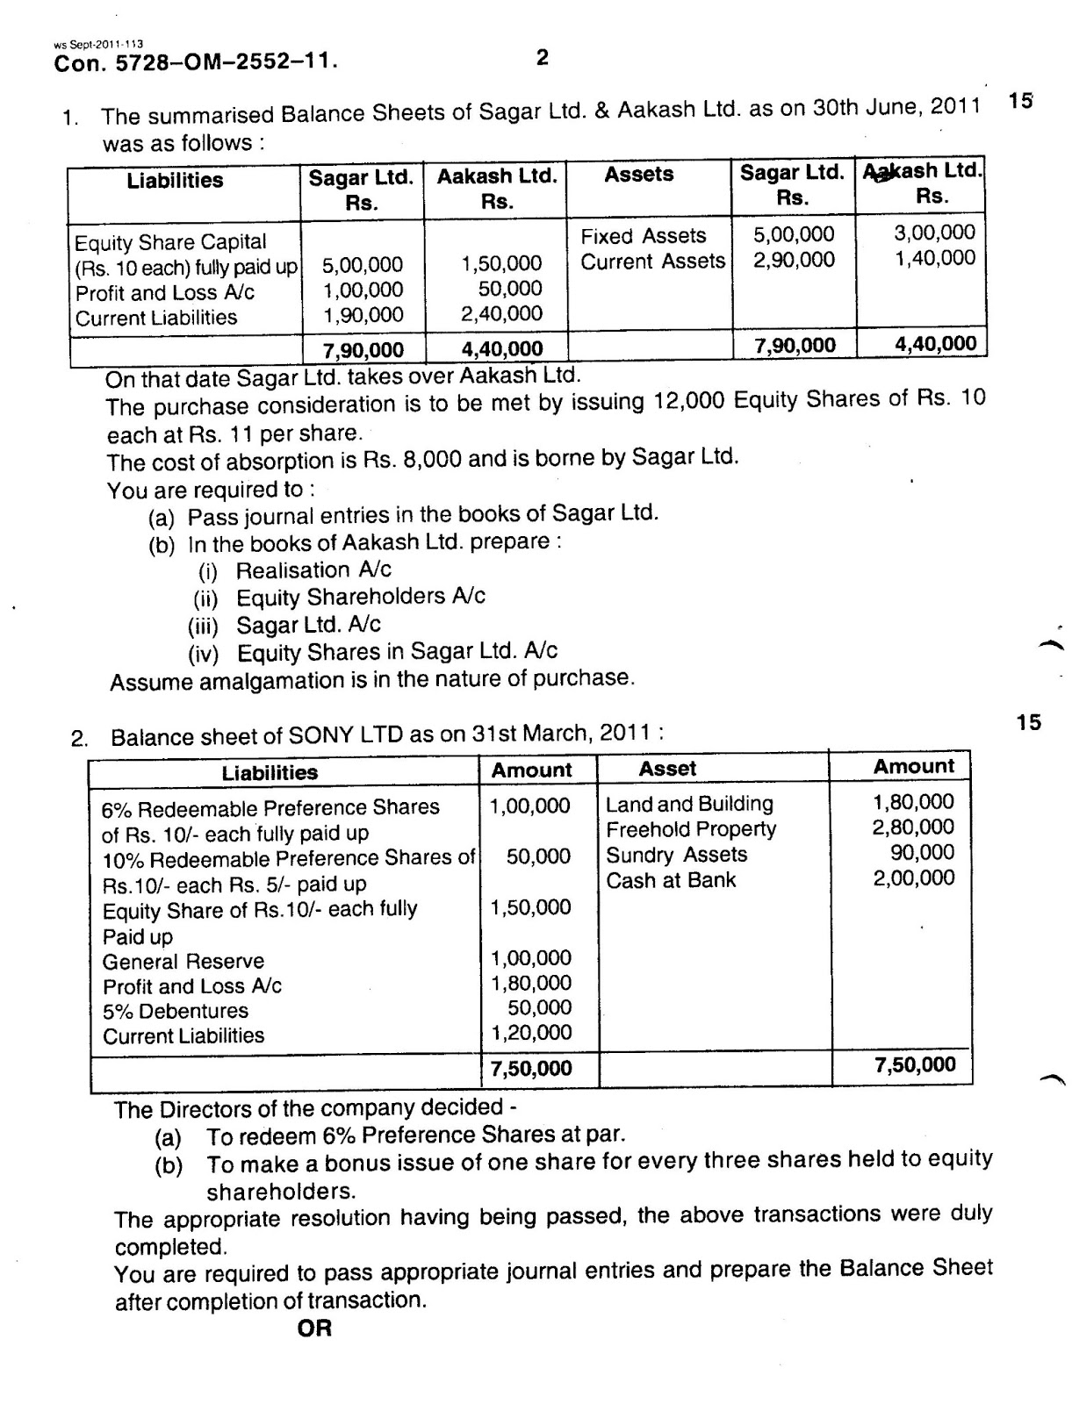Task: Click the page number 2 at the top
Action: coord(542,58)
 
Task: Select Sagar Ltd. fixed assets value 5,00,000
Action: coord(794,234)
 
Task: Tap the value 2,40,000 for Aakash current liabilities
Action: coord(501,313)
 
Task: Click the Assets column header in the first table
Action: coord(638,174)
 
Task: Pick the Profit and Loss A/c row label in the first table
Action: coord(164,292)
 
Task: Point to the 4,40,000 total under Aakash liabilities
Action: coord(501,349)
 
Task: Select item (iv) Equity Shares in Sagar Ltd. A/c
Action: coord(397,651)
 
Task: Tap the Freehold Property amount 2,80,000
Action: coord(913,827)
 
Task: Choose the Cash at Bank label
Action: coord(671,880)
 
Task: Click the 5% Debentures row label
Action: coord(175,1011)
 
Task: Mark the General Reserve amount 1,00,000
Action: coord(530,958)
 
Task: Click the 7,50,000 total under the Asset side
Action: coord(915,1065)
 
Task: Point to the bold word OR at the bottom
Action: coord(314,1329)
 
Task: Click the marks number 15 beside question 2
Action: coord(1028,722)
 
